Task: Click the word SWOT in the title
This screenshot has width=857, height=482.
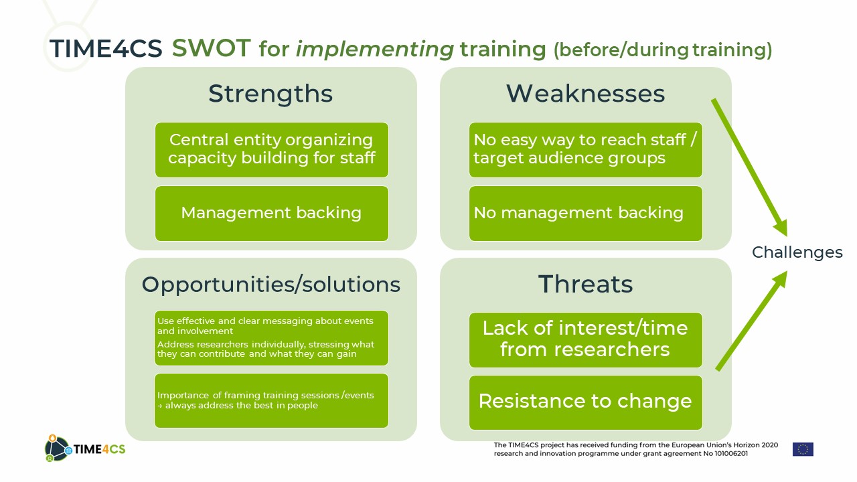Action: pyautogui.click(x=211, y=48)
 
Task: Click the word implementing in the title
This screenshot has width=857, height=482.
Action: pyautogui.click(x=374, y=50)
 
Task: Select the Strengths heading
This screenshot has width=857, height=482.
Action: pyautogui.click(x=270, y=94)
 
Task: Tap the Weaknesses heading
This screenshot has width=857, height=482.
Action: pyautogui.click(x=585, y=94)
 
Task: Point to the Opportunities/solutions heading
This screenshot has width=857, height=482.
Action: pyautogui.click(x=271, y=285)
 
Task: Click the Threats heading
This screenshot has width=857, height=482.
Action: pyautogui.click(x=585, y=285)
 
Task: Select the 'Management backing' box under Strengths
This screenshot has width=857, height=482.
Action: pyautogui.click(x=272, y=214)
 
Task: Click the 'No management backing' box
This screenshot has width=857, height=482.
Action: pyautogui.click(x=585, y=214)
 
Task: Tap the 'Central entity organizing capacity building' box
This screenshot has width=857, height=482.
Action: pyautogui.click(x=272, y=149)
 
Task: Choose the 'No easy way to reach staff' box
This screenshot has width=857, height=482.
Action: pyautogui.click(x=585, y=149)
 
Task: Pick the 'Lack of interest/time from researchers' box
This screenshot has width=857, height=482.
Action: pyautogui.click(x=585, y=339)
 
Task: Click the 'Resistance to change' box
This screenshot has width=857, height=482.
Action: pyautogui.click(x=585, y=402)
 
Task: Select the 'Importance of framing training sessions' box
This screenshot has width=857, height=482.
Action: pyautogui.click(x=272, y=400)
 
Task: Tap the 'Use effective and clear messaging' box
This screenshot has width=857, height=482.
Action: pyautogui.click(x=272, y=338)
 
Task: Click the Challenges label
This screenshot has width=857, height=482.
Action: pyautogui.click(x=797, y=253)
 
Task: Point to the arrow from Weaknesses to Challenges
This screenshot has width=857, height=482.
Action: pyautogui.click(x=749, y=167)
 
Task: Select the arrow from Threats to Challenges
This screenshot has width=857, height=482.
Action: pyautogui.click(x=752, y=321)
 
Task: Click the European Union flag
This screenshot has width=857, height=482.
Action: pyautogui.click(x=803, y=449)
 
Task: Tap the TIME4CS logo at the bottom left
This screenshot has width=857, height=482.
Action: pyautogui.click(x=85, y=449)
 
